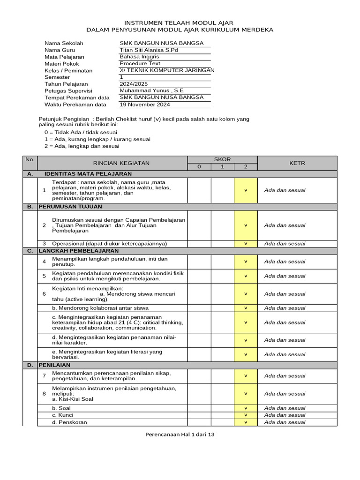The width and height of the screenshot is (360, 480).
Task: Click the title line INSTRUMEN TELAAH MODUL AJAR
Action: click(x=178, y=22)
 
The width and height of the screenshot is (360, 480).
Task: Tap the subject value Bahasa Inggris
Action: click(x=140, y=57)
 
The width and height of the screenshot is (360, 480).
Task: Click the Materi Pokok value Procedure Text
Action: click(x=140, y=64)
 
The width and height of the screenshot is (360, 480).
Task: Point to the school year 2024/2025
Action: click(x=134, y=84)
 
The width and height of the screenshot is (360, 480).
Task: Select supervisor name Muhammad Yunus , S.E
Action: click(x=152, y=90)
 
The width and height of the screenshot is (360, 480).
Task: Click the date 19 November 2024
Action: click(x=145, y=105)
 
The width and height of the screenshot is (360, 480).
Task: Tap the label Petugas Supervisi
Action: click(x=68, y=91)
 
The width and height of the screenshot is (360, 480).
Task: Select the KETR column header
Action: click(x=297, y=163)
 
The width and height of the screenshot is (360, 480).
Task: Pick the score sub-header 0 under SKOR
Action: click(x=199, y=167)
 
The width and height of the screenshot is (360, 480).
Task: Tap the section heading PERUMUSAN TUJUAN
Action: click(x=70, y=207)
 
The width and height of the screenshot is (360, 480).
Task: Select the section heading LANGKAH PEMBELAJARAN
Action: click(x=79, y=251)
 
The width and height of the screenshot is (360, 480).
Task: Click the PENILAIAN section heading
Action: click(x=54, y=364)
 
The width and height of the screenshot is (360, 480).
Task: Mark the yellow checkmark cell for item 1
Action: click(x=246, y=190)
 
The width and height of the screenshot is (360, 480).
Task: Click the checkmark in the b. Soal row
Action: click(x=246, y=408)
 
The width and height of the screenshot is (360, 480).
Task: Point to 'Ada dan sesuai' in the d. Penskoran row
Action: click(x=285, y=422)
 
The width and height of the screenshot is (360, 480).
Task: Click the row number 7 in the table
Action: click(x=44, y=375)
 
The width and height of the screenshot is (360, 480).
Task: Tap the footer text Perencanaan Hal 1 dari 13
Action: click(x=180, y=435)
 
